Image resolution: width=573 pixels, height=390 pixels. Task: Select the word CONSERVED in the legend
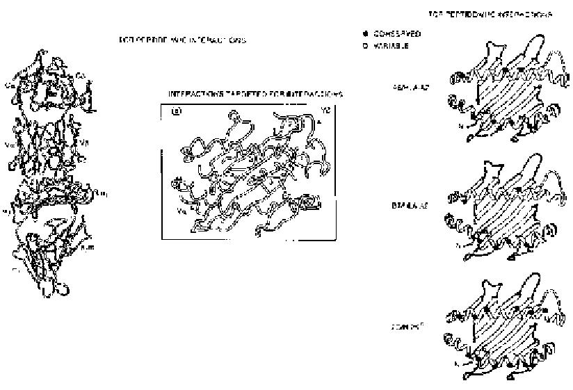pos(397,33)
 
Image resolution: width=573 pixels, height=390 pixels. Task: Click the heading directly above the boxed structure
pos(255,93)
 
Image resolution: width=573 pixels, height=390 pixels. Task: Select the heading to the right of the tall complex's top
pos(182,40)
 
